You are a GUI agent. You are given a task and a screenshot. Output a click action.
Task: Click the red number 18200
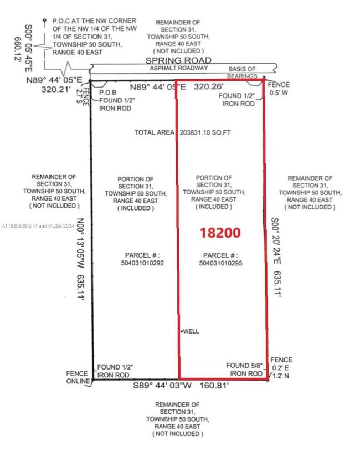[220, 233]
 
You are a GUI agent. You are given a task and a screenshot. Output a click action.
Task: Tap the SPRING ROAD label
[178, 60]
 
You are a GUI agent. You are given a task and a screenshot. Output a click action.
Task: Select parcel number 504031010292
[142, 263]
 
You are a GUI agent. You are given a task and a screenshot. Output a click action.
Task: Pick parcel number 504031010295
[220, 263]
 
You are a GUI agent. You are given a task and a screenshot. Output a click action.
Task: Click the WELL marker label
[191, 331]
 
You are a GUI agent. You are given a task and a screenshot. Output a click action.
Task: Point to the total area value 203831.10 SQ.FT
[205, 132]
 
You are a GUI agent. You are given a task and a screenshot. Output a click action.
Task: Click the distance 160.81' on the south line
[213, 386]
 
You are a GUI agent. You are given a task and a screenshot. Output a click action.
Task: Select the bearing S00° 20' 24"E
[276, 241]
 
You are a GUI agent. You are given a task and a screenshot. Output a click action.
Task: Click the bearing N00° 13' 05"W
[80, 243]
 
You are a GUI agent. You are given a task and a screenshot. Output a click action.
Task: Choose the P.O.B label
[108, 93]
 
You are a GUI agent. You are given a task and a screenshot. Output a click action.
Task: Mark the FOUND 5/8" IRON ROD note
[244, 370]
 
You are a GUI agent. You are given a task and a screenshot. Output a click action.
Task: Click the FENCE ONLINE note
[78, 377]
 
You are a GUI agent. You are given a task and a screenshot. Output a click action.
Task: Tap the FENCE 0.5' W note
[279, 89]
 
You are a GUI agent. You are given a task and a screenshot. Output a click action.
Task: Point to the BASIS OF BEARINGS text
[242, 73]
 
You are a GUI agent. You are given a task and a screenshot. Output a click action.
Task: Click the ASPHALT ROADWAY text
[179, 68]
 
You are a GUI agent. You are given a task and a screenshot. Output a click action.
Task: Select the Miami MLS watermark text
[38, 226]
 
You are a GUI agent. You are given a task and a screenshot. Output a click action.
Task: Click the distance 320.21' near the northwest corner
[56, 89]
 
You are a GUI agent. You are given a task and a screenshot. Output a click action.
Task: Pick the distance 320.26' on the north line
[208, 86]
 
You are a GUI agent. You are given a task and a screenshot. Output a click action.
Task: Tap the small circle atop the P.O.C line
[44, 20]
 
